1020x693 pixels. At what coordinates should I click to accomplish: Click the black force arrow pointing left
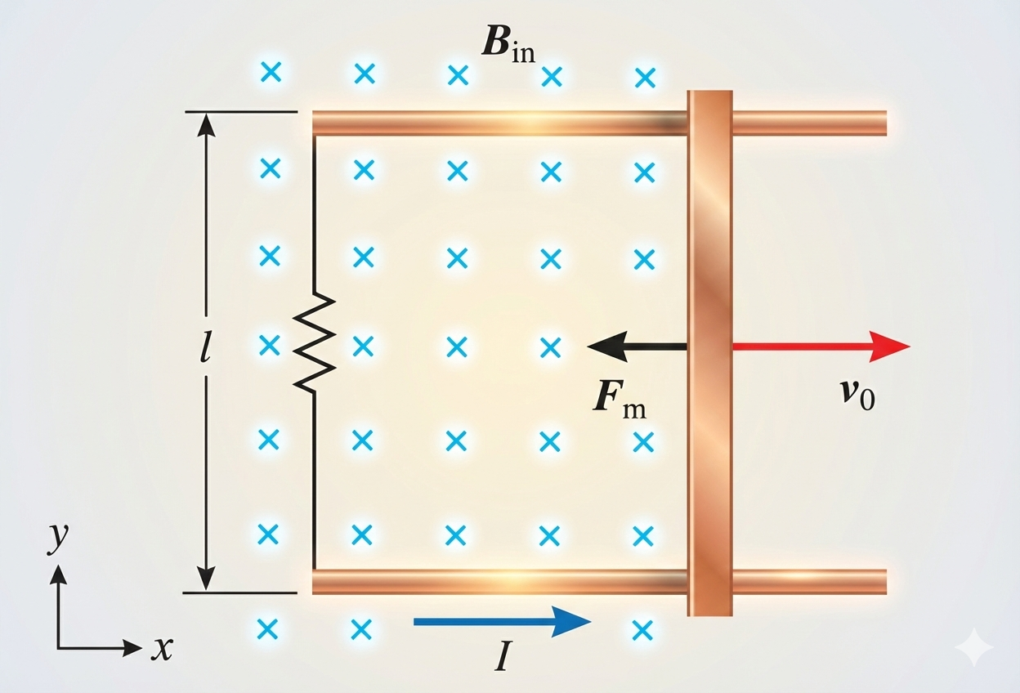pyautogui.click(x=637, y=346)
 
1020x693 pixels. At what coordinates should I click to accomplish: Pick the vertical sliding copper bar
pyautogui.click(x=709, y=351)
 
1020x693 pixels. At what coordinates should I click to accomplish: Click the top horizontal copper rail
pyautogui.click(x=499, y=123)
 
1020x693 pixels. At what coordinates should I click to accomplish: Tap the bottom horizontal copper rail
pyautogui.click(x=499, y=581)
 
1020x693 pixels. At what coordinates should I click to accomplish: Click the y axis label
pyautogui.click(x=57, y=540)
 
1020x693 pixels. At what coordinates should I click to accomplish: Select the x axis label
pyautogui.click(x=163, y=649)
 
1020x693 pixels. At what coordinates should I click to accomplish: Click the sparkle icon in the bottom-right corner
pyautogui.click(x=974, y=648)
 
